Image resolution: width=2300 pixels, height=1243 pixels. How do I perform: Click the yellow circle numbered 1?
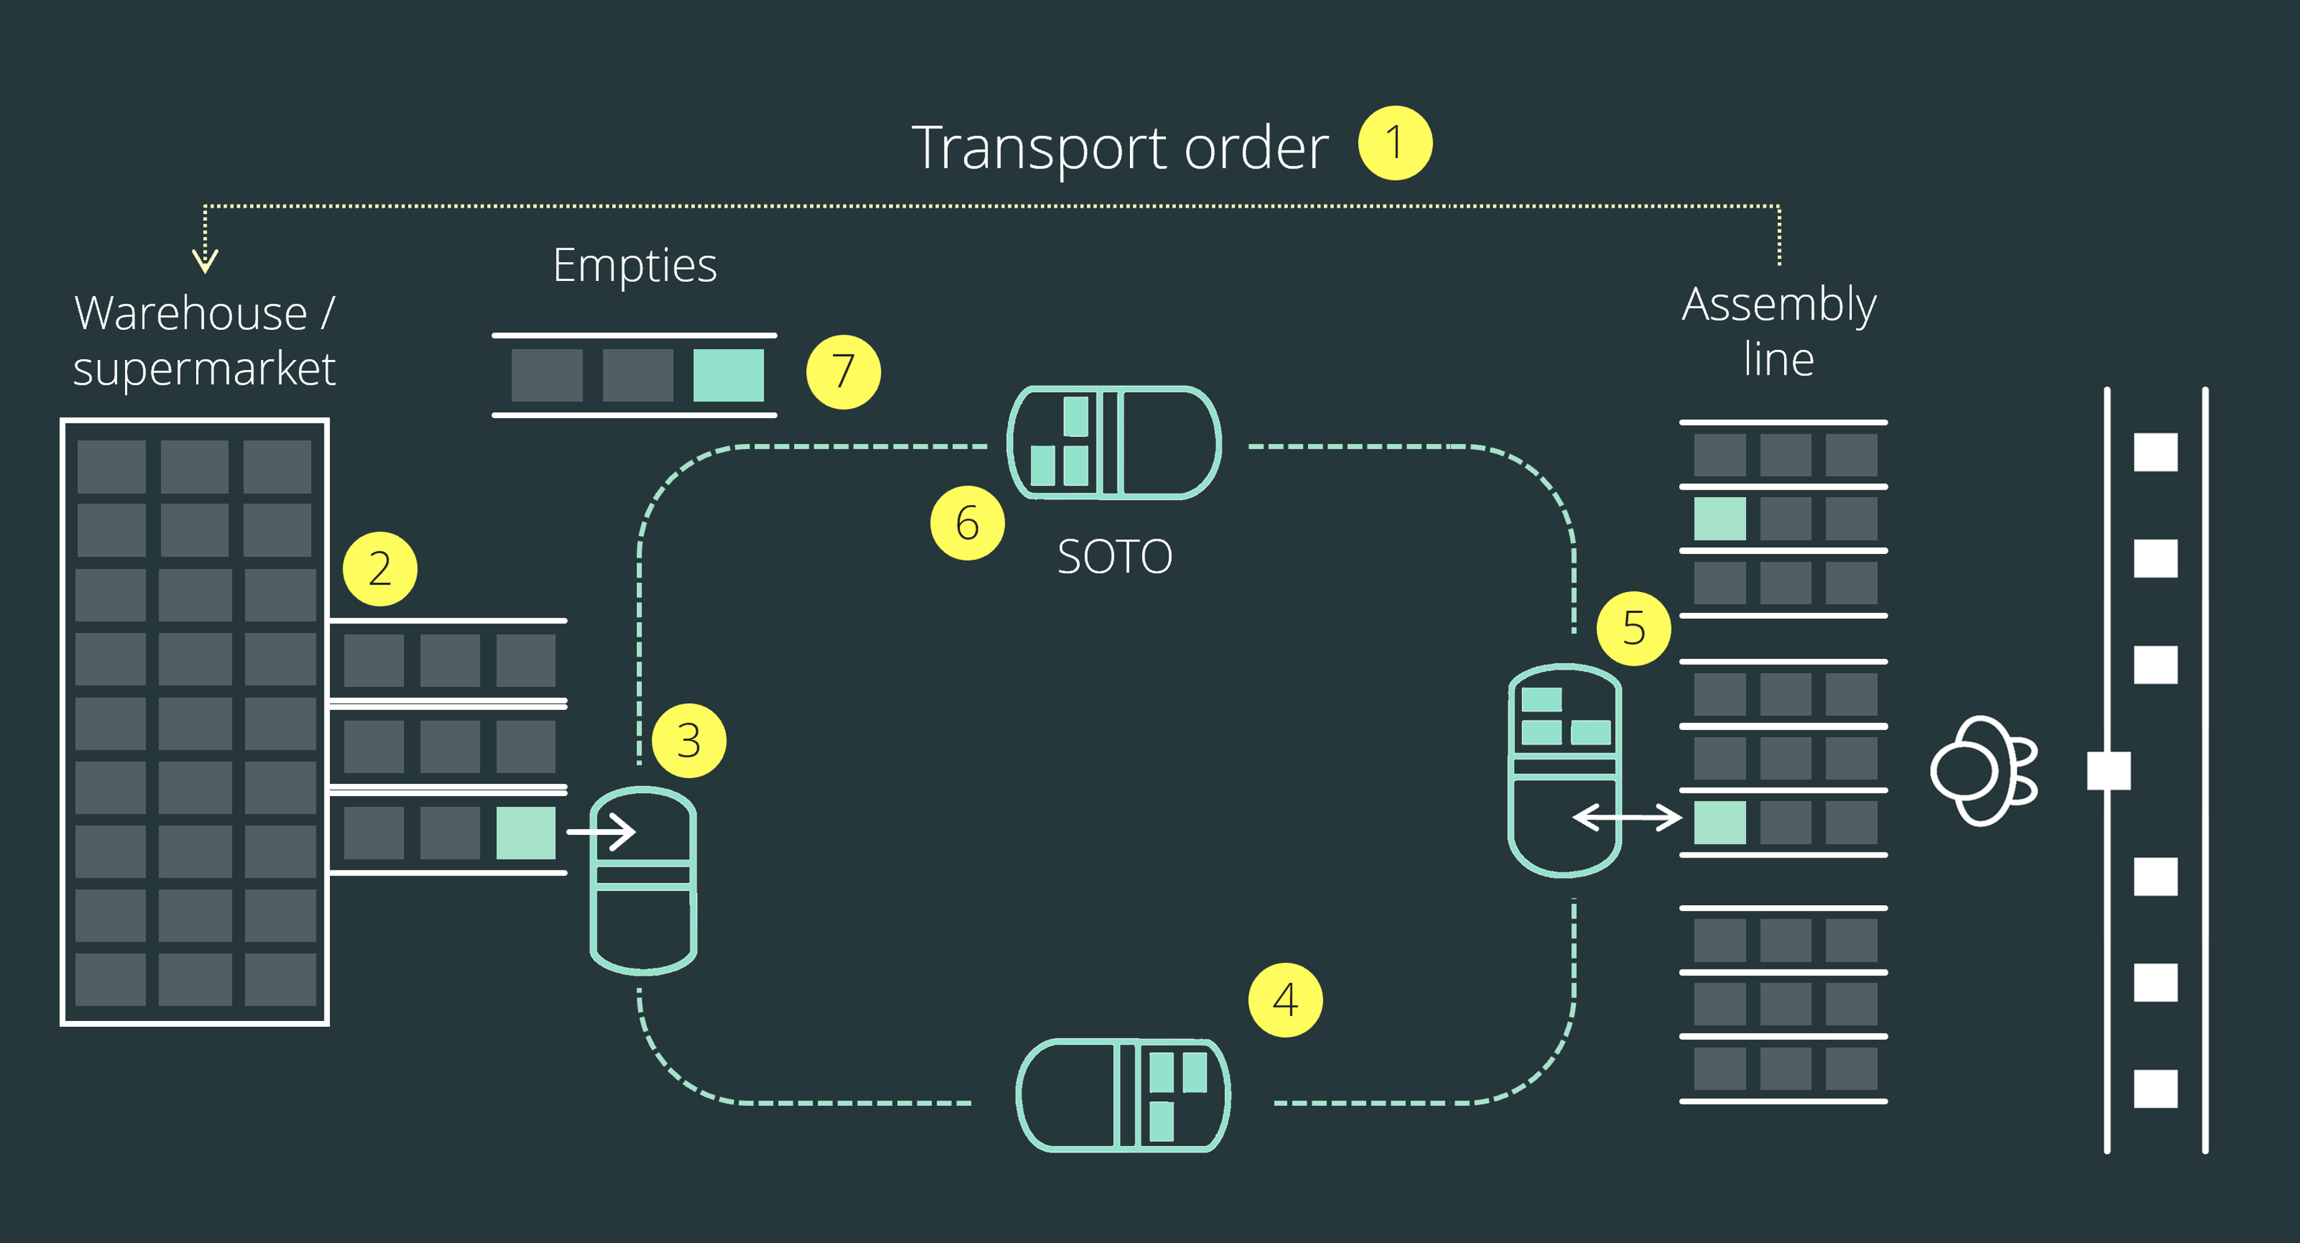click(1395, 143)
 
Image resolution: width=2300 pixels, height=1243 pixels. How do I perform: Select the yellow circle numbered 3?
click(688, 741)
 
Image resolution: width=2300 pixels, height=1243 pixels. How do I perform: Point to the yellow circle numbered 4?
click(1285, 999)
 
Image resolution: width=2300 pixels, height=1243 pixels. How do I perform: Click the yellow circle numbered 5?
click(1633, 628)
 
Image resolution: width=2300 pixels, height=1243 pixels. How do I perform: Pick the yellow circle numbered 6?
click(967, 522)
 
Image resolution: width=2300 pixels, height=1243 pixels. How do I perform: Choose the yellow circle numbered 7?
click(843, 371)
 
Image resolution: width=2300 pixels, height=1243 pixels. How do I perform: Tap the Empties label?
click(634, 265)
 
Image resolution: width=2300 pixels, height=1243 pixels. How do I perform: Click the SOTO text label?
click(1115, 557)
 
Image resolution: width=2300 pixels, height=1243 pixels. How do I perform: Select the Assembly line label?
click(1779, 331)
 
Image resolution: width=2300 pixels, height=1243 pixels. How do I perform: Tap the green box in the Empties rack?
click(729, 375)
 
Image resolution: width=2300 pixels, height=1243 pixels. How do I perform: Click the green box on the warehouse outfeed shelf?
click(526, 832)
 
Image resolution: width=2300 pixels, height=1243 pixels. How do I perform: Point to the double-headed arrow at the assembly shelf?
click(1627, 817)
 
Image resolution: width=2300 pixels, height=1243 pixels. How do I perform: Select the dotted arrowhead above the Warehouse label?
click(205, 261)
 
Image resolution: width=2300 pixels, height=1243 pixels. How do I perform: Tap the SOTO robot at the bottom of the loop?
click(1123, 1094)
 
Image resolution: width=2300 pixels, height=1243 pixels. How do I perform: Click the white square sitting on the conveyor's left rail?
click(2108, 771)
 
